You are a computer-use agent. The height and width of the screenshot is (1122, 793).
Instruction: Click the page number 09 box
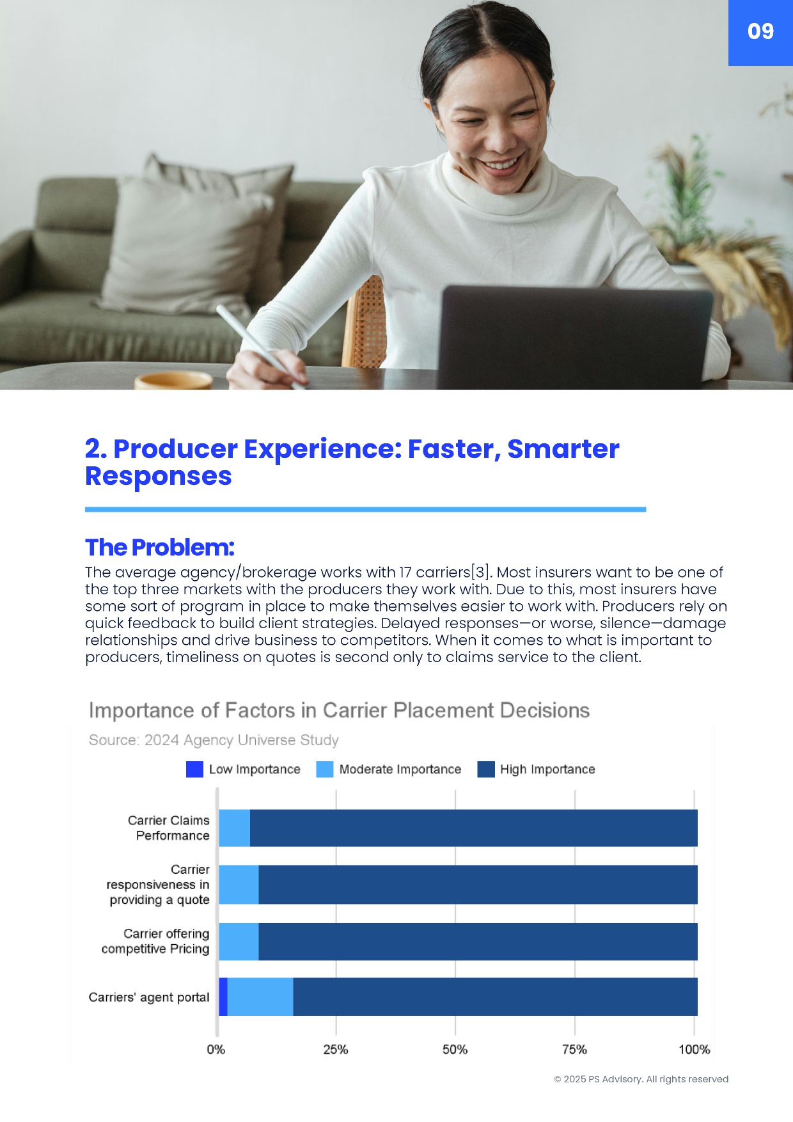[760, 33]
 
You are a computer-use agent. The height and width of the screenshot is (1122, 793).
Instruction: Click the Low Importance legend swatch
[194, 769]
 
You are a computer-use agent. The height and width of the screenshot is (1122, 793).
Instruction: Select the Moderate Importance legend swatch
[325, 769]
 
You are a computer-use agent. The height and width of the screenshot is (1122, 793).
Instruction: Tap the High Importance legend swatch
[486, 769]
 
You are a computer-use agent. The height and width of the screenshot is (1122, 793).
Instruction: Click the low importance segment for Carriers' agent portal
[223, 997]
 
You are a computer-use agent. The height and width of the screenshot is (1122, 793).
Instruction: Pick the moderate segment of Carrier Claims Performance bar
[234, 828]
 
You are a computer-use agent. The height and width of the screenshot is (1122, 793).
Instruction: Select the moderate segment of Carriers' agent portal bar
[260, 997]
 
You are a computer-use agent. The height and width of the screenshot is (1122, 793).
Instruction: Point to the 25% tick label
[336, 1050]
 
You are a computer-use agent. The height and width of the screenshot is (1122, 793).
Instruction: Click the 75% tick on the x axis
[574, 1050]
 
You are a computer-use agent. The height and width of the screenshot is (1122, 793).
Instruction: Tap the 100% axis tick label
[695, 1050]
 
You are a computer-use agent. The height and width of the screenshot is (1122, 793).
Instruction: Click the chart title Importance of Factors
[339, 711]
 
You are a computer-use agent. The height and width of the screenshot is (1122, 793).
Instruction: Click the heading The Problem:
[160, 548]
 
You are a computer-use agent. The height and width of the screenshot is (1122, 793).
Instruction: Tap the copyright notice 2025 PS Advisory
[641, 1079]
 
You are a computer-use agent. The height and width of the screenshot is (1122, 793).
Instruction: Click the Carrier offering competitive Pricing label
[155, 941]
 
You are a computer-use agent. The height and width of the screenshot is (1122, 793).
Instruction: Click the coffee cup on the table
[173, 381]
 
